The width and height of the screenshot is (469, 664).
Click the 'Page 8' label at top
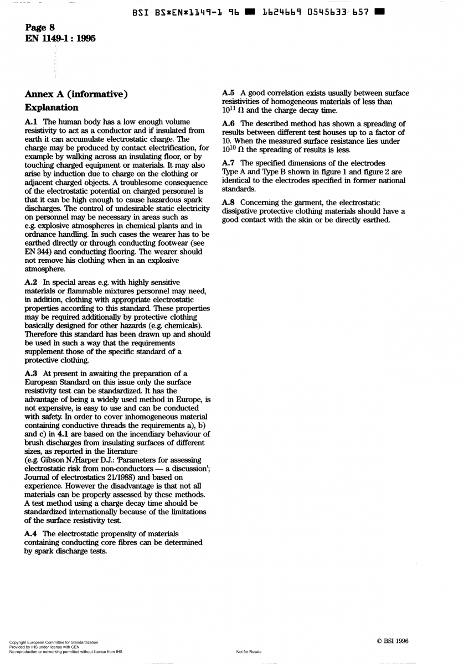point(39,28)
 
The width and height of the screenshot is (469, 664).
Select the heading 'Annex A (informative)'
point(76,95)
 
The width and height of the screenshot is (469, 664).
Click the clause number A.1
point(32,121)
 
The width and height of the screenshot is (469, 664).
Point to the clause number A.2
point(32,283)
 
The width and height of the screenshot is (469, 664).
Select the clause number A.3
point(32,373)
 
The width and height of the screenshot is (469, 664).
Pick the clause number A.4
point(32,533)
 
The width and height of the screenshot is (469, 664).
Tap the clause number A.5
point(228,93)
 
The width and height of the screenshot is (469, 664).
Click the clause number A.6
point(228,123)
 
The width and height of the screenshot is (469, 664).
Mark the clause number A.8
point(228,203)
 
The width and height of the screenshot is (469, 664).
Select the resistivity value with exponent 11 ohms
point(233,110)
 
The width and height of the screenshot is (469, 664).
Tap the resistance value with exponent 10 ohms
point(233,149)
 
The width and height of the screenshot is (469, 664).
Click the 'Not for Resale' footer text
point(249,652)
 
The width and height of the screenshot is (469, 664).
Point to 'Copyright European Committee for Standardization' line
point(54,642)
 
